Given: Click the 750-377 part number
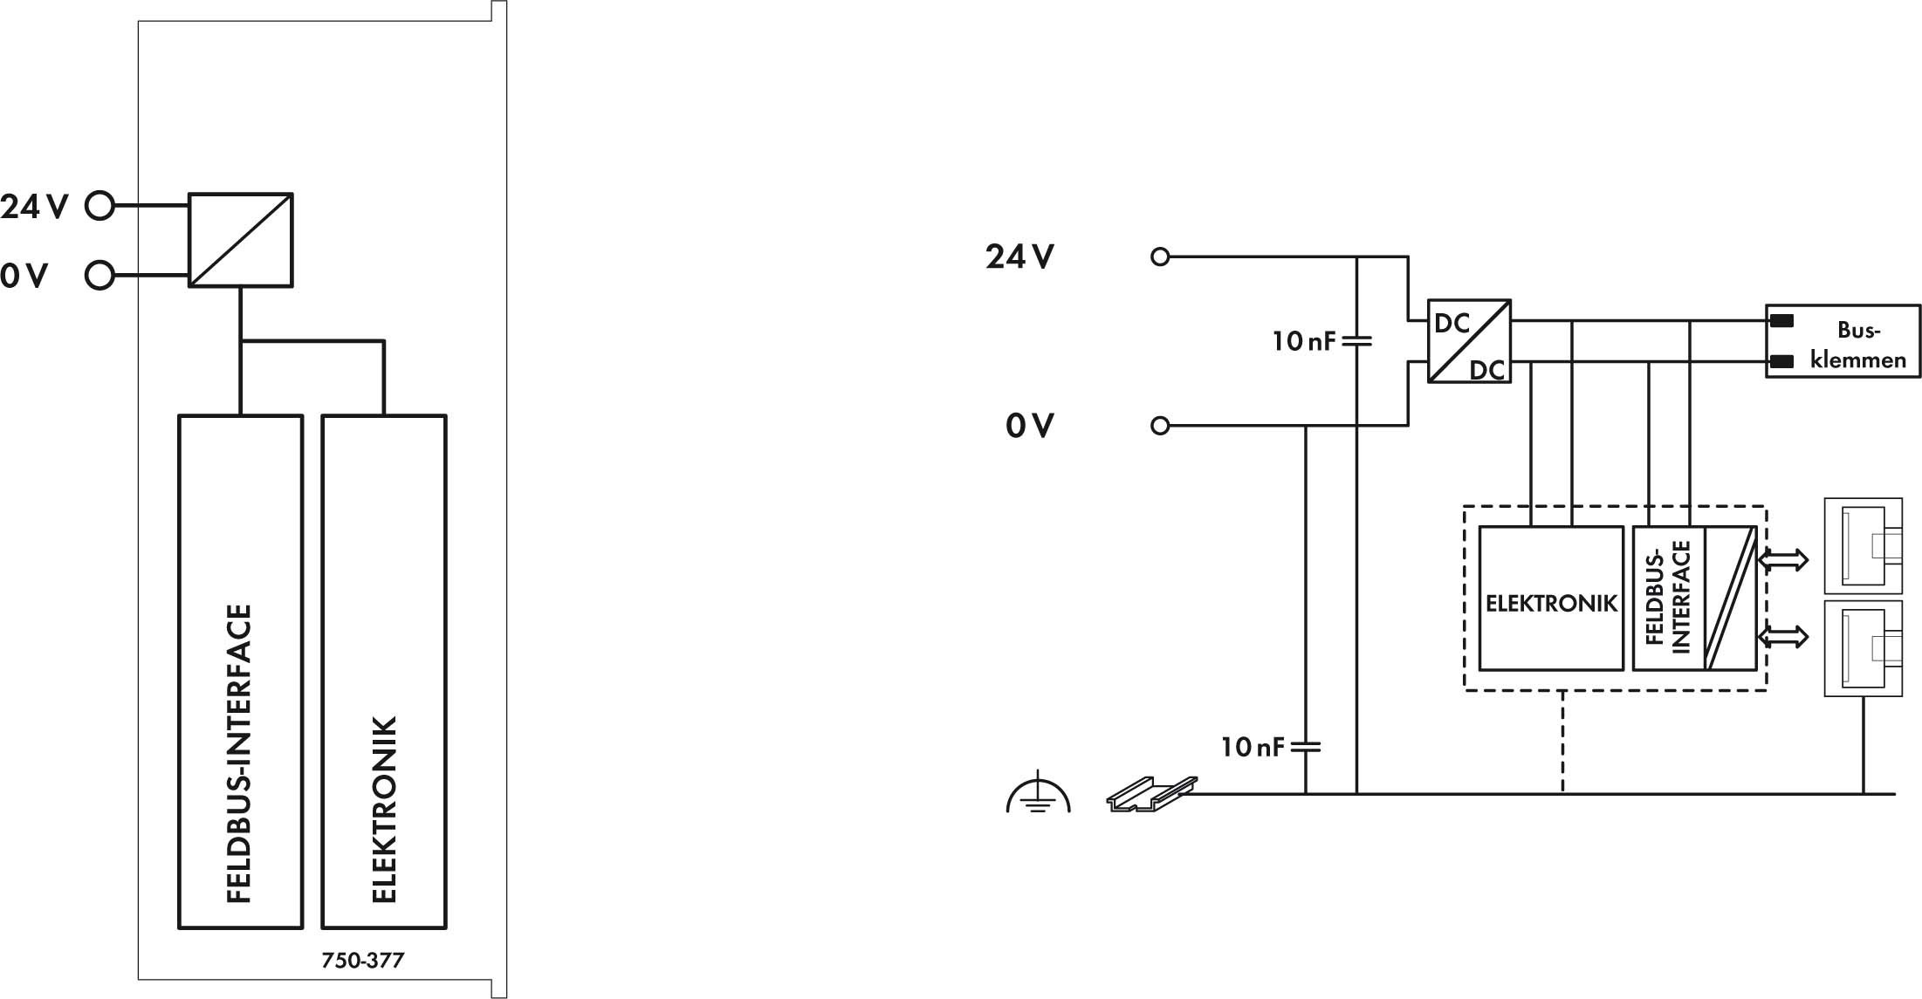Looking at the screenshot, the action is pyautogui.click(x=362, y=961).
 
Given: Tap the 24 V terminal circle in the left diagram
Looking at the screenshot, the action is pyautogui.click(x=100, y=206).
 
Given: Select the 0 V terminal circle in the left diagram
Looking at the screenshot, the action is pyautogui.click(x=100, y=276).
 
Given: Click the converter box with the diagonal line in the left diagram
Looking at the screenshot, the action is pyautogui.click(x=241, y=240).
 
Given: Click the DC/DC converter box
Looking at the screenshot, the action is pyautogui.click(x=1469, y=341).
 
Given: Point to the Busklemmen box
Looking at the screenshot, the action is pyautogui.click(x=1843, y=340).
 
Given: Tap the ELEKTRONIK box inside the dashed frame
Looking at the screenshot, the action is pyautogui.click(x=1551, y=598).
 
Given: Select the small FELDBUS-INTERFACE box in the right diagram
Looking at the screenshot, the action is pyautogui.click(x=1694, y=598).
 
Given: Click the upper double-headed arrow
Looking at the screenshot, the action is pyautogui.click(x=1783, y=559).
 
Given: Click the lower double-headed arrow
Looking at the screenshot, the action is pyautogui.click(x=1783, y=637).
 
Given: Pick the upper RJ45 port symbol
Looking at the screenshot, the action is pyautogui.click(x=1864, y=546).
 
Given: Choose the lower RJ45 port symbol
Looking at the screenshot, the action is pyautogui.click(x=1864, y=647).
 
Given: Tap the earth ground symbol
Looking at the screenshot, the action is pyautogui.click(x=1038, y=792).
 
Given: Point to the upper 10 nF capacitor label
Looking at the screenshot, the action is pyautogui.click(x=1304, y=340).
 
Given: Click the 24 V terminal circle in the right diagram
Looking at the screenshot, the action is pyautogui.click(x=1160, y=257).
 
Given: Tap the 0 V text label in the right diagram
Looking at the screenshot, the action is pyautogui.click(x=1030, y=426).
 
